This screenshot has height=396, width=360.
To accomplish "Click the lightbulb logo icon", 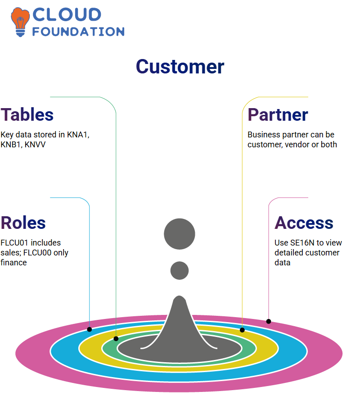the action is point(20,22).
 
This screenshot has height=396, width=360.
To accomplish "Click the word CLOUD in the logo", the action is point(67,14).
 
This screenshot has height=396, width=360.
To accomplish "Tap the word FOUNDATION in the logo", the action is point(78,32).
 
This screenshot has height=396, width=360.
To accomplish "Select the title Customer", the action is point(180,67).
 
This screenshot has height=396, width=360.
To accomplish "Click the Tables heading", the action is point(27,115).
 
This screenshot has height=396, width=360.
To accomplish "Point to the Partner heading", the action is point(278,115).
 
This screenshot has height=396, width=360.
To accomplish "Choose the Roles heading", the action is point(23,223).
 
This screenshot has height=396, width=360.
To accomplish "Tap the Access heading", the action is point(304,223).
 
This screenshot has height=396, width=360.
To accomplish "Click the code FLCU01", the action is point(14,243).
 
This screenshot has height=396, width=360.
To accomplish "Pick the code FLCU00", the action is point(37,253).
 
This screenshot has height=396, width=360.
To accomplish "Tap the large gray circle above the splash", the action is point(180,234).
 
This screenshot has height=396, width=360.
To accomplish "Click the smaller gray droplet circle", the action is point(180,270).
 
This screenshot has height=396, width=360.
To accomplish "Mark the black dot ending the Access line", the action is point(269,321).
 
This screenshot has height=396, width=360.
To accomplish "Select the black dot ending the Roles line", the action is point(89,329).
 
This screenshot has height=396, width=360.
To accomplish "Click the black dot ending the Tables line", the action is point(116,339).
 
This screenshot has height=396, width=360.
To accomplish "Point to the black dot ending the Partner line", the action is point(242,330).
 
